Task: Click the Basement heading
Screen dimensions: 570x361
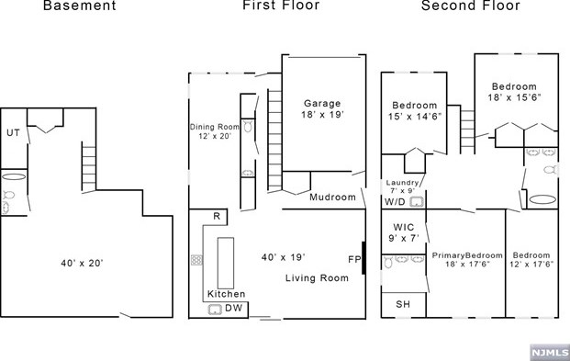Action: tap(80, 6)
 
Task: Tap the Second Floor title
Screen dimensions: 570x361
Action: tap(471, 6)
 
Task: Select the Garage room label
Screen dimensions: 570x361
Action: tap(322, 104)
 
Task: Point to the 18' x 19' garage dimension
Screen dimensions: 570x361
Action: tap(322, 115)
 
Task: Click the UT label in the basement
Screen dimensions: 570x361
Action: tap(14, 133)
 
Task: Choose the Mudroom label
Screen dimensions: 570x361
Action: tap(332, 197)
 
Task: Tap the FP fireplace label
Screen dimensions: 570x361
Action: tap(354, 259)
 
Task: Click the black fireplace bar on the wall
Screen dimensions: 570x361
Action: tap(363, 258)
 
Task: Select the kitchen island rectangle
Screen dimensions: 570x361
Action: tap(226, 263)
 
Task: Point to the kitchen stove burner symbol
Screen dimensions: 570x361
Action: tap(196, 260)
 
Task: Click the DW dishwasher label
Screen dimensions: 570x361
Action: tap(234, 308)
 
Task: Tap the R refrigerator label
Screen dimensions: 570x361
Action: tap(217, 216)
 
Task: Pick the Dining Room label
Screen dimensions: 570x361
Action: tap(215, 127)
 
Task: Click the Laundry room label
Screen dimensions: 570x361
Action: tap(402, 183)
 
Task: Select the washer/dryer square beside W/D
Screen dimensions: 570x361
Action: tap(417, 201)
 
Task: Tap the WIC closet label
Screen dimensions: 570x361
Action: tap(404, 228)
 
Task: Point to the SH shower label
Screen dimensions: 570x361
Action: tap(403, 304)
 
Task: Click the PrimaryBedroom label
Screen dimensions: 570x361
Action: tap(467, 255)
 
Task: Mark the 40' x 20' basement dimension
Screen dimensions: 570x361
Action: tap(83, 263)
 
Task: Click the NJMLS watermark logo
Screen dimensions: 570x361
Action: tap(550, 352)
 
